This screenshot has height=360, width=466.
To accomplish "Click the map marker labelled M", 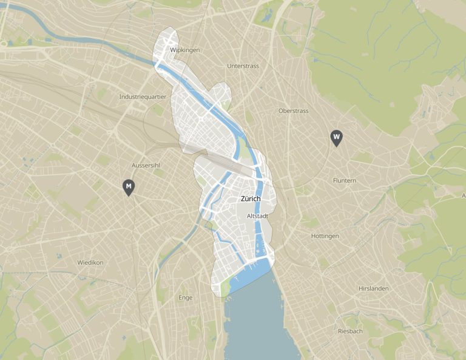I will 128,186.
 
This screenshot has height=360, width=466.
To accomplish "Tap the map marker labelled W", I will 336,137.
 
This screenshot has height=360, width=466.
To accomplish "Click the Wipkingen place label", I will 185,50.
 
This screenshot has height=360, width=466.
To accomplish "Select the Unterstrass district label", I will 243,66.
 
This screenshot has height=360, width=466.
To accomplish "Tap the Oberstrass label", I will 293,111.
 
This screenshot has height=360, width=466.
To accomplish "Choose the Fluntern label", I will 345,181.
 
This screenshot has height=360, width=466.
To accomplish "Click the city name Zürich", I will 251,199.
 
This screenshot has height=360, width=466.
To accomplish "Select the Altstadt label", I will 258,216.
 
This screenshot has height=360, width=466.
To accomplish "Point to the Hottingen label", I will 325,236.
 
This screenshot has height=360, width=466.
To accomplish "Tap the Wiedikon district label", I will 90,262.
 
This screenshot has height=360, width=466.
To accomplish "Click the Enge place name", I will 186,297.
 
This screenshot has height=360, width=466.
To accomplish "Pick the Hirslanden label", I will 373,288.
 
